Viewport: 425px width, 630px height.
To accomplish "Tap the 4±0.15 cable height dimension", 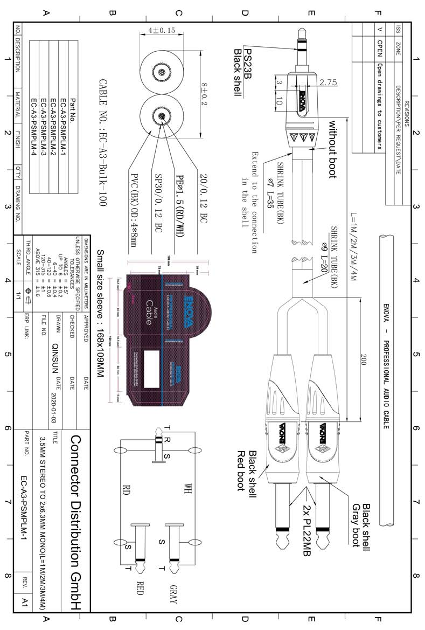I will (162, 30).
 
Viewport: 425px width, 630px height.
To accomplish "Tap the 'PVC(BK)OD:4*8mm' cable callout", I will (133, 211).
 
